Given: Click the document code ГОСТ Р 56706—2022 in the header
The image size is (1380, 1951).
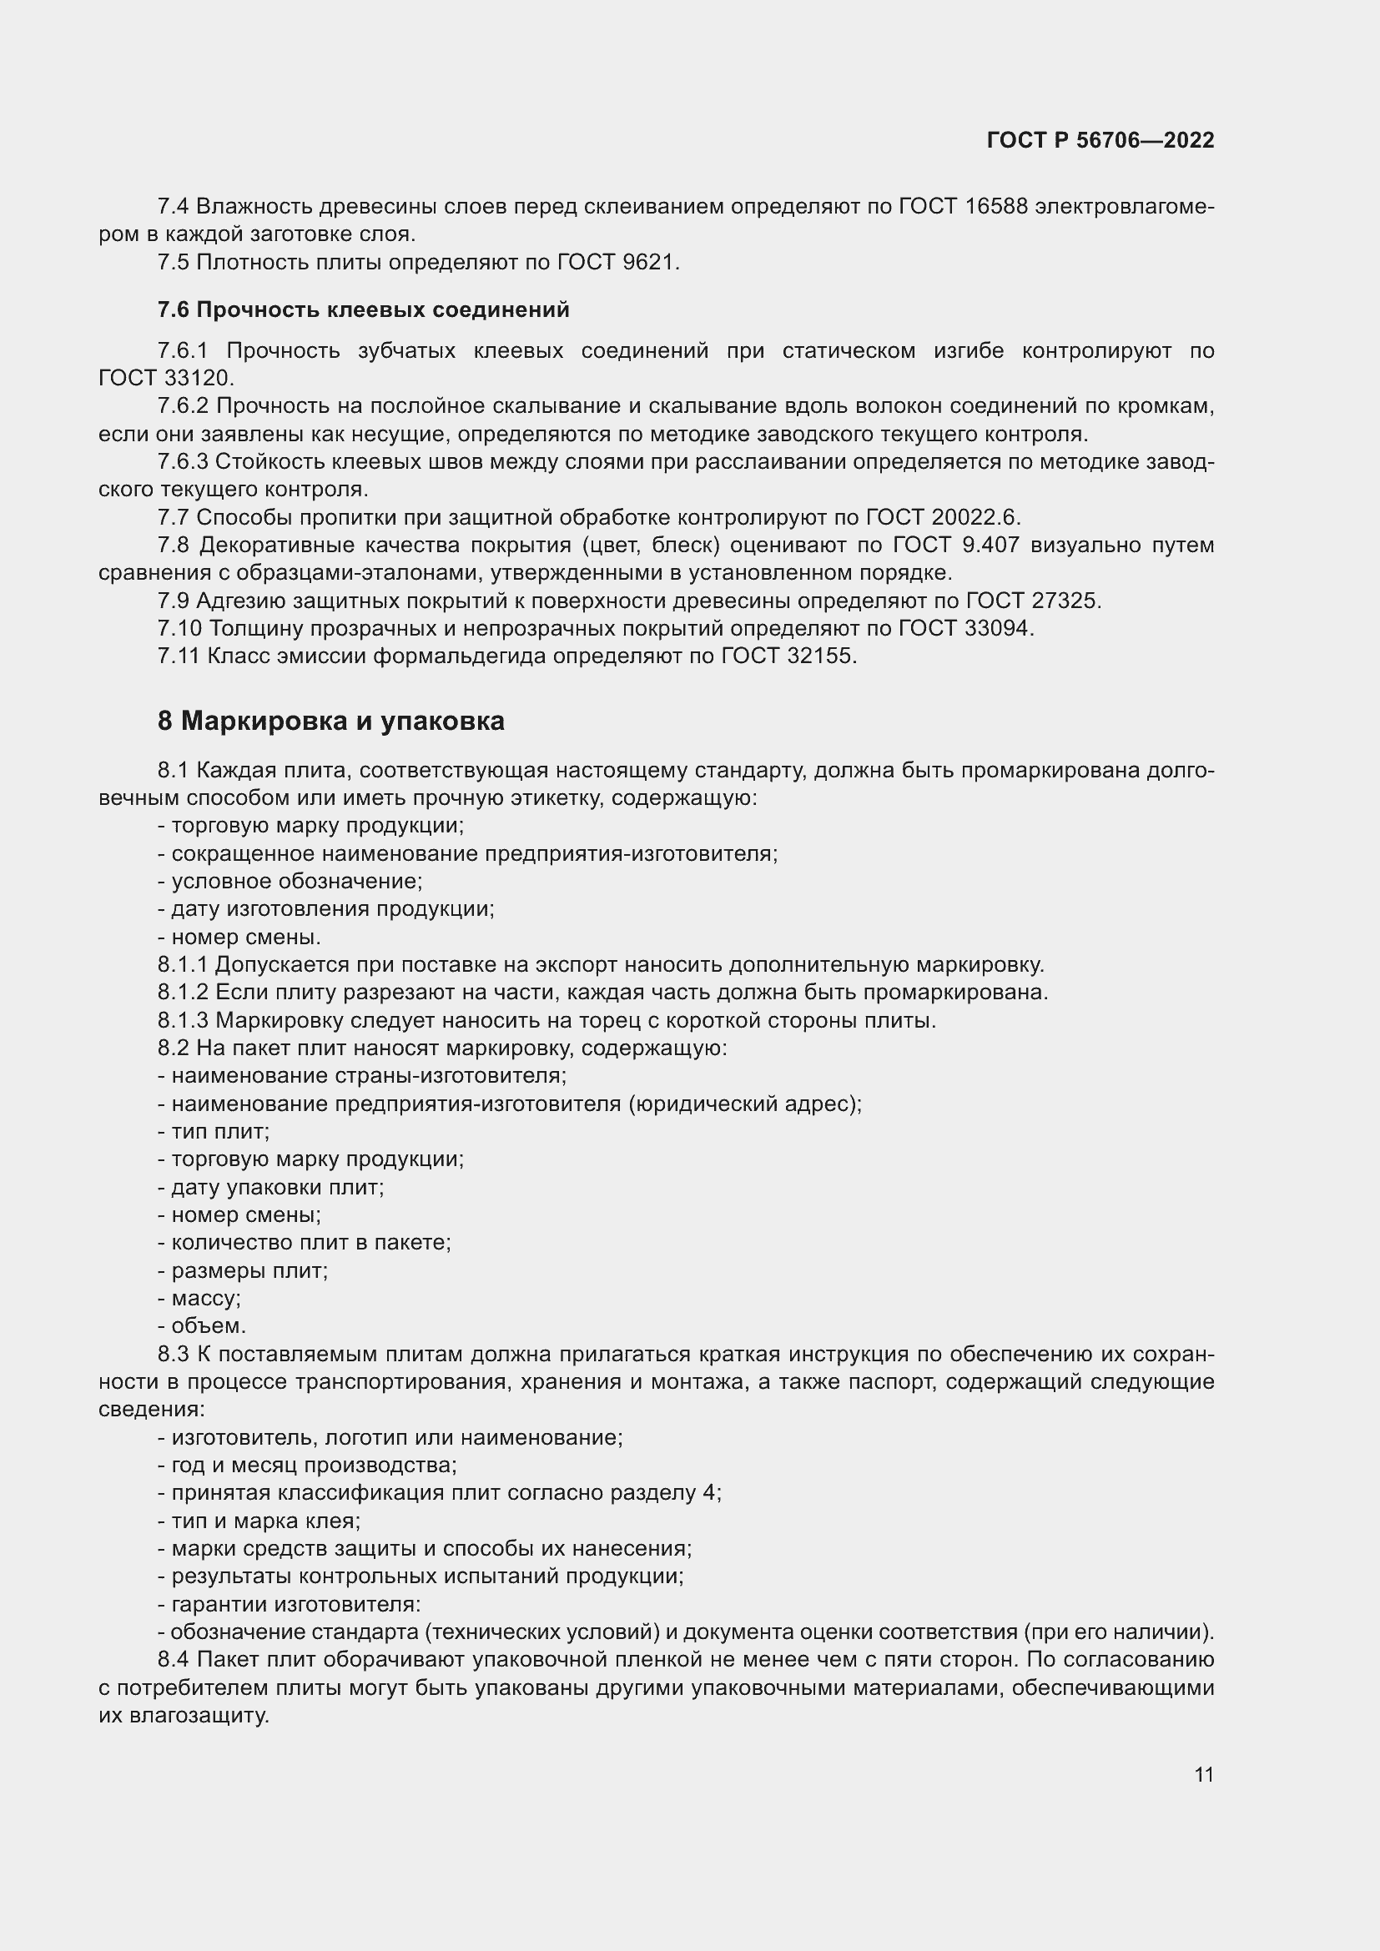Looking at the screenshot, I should tap(1100, 140).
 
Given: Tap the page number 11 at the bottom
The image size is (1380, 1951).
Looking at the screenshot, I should tap(1203, 1774).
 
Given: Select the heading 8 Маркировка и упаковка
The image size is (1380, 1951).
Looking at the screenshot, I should tap(330, 721).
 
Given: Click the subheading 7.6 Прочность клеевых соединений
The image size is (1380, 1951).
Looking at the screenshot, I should tap(363, 310).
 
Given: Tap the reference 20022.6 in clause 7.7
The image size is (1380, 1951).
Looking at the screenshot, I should tap(975, 517).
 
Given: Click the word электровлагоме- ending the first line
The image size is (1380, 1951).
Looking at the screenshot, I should tap(1124, 207).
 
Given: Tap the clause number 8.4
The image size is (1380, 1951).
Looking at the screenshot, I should tap(174, 1659).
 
